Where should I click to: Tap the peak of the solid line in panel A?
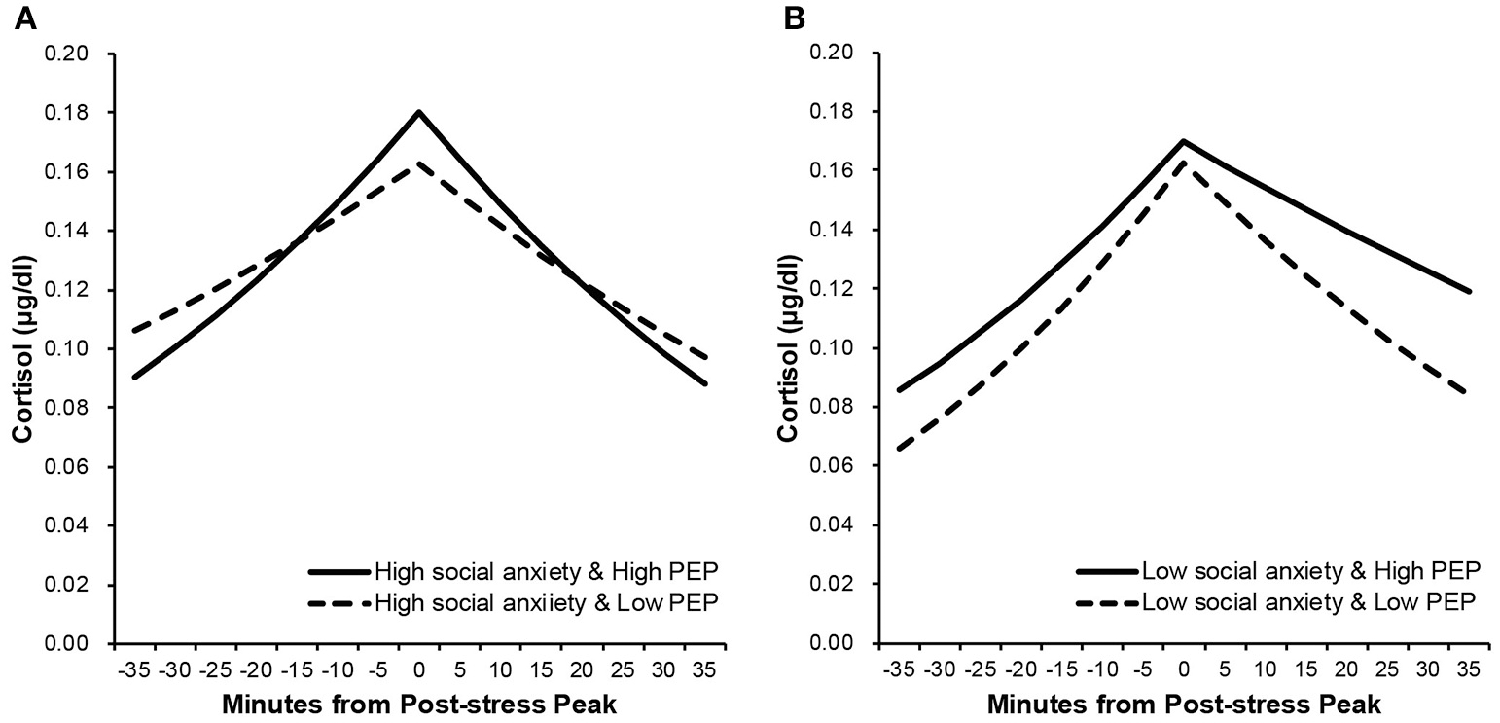point(418,112)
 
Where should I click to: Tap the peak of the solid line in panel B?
point(1183,141)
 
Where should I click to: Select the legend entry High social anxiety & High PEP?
point(546,570)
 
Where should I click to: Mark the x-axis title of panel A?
point(419,705)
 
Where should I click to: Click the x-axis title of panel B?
point(1183,705)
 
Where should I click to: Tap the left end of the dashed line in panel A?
point(134,331)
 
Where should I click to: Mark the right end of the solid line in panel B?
point(1469,291)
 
